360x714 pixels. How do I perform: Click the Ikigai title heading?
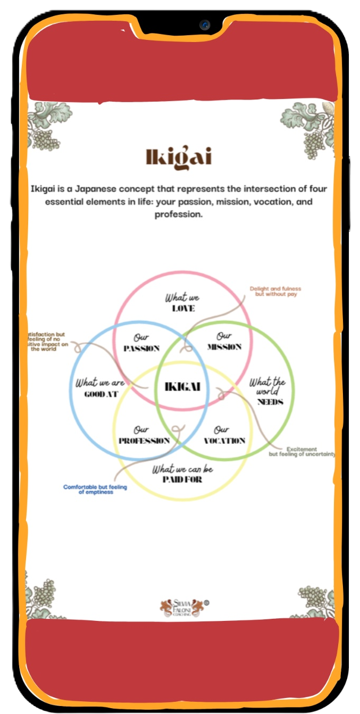pyautogui.click(x=179, y=157)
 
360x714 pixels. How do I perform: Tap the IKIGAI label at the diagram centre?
pyautogui.click(x=182, y=387)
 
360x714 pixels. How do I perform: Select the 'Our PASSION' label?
pyautogui.click(x=141, y=343)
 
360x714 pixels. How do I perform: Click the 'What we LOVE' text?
pyautogui.click(x=182, y=303)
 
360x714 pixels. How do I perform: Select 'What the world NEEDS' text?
pyautogui.click(x=270, y=392)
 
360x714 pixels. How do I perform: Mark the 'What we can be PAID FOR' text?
pyautogui.click(x=183, y=474)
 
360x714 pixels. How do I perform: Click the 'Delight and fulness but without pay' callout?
pyautogui.click(x=275, y=292)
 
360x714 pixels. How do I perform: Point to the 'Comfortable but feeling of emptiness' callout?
pyautogui.click(x=95, y=489)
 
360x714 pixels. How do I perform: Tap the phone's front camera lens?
pyautogui.click(x=205, y=25)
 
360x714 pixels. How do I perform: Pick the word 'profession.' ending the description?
pyautogui.click(x=179, y=215)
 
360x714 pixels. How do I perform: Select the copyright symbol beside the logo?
pyautogui.click(x=206, y=603)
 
